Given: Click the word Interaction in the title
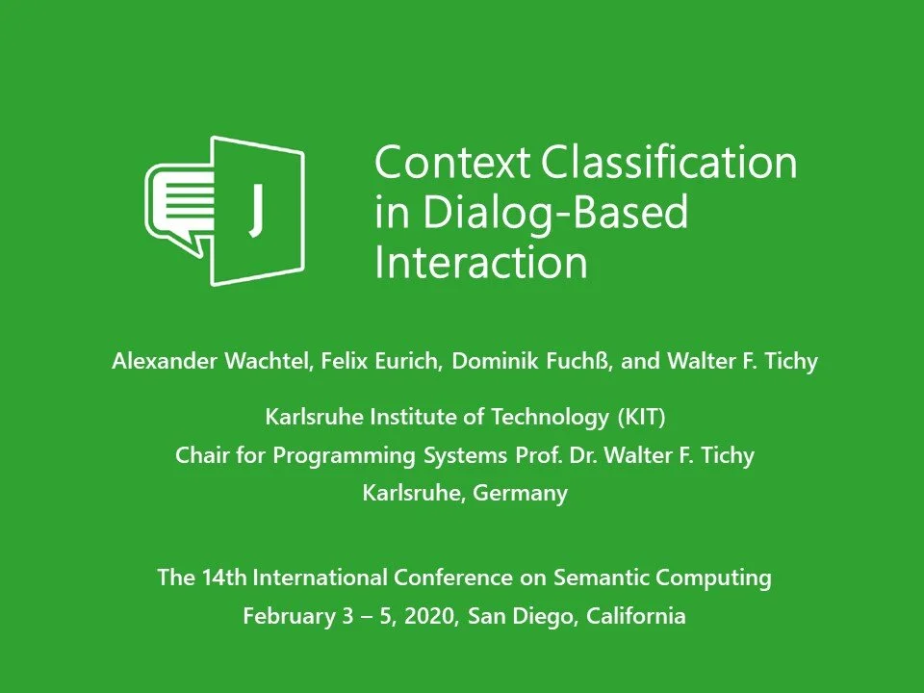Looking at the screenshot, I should pyautogui.click(x=480, y=263).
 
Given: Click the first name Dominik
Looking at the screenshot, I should pyautogui.click(x=496, y=362).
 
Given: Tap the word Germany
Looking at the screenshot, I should pyautogui.click(x=520, y=494).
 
